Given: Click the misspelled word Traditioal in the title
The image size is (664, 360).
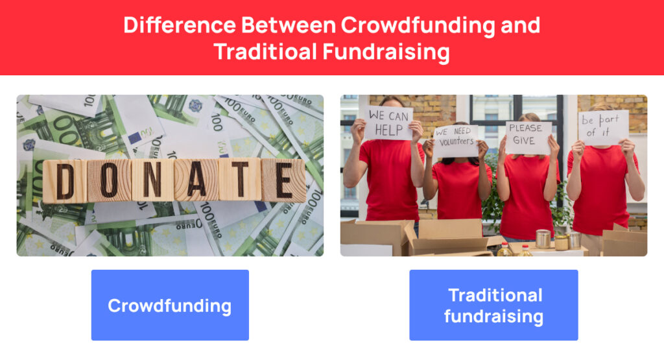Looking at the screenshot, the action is (265, 52).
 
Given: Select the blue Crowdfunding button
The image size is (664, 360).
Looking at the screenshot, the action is (171, 305).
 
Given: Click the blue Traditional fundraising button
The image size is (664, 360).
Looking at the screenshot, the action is (493, 305).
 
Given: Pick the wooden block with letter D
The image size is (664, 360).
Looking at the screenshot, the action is (65, 181).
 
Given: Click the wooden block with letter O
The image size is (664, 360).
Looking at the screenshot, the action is (109, 181).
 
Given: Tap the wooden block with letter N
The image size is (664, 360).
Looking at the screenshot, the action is (153, 180).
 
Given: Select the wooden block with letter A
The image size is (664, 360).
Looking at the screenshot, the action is (196, 180).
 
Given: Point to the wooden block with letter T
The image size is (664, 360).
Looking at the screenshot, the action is (240, 179).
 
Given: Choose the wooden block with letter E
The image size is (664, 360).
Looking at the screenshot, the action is (283, 180).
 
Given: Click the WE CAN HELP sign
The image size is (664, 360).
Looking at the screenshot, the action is (388, 123).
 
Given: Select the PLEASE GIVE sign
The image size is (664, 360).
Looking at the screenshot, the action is (528, 138).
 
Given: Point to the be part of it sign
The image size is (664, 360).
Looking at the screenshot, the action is (603, 127).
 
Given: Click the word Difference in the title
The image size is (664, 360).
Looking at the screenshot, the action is (180, 25).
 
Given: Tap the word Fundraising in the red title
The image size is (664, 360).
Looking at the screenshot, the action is (386, 53).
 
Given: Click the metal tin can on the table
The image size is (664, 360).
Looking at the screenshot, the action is (543, 239).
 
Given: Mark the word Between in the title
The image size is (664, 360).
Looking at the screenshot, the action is (289, 25).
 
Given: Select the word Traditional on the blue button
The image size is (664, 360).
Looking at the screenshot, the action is (495, 295).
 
